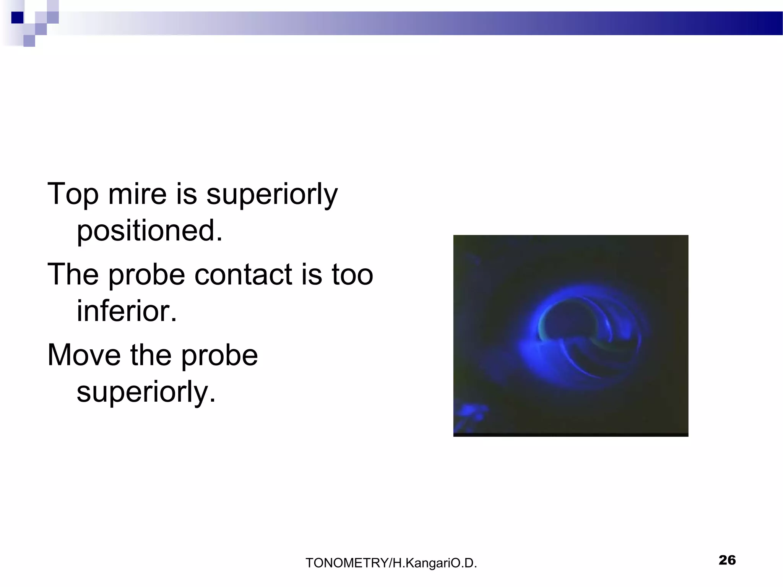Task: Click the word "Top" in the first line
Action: click(73, 194)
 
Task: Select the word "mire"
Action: click(137, 194)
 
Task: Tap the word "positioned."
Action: click(149, 231)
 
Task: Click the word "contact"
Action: click(243, 274)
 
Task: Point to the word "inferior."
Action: click(127, 311)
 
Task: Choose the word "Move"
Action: click(84, 355)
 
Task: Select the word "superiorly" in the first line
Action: click(272, 194)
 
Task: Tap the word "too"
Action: click(352, 274)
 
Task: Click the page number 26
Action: click(727, 560)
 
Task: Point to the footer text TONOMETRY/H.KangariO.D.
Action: click(391, 563)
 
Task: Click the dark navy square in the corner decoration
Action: click(17, 18)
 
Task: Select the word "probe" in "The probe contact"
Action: click(147, 274)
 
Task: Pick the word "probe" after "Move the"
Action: click(219, 355)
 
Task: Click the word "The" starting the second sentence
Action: click(73, 274)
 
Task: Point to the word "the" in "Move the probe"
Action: click(151, 355)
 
